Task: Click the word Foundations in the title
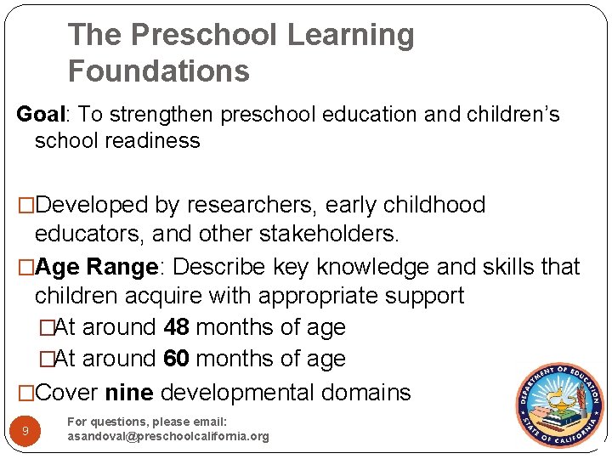click(x=159, y=71)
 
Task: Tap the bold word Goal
click(x=38, y=115)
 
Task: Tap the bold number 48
click(x=178, y=327)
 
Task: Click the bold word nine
click(x=128, y=393)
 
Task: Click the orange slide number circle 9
click(x=25, y=432)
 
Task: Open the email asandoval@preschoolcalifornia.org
click(x=168, y=437)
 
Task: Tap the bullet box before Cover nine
click(x=26, y=394)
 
